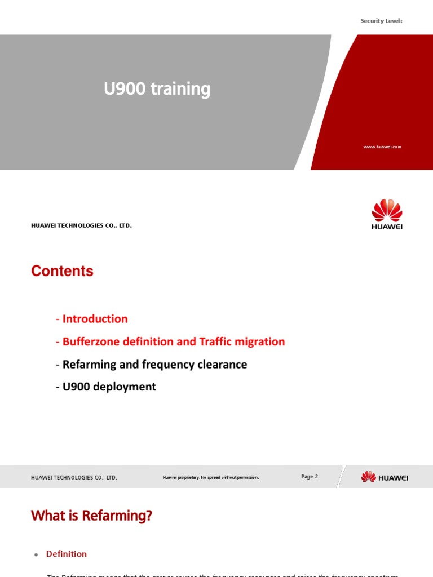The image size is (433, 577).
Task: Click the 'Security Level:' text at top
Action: tap(381, 21)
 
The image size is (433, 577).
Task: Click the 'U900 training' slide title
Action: tap(157, 89)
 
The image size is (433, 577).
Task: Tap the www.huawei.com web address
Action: tap(382, 147)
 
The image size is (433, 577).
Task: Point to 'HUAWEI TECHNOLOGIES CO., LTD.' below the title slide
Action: tap(81, 225)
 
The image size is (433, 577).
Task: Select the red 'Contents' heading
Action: tap(62, 271)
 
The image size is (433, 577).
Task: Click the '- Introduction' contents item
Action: tap(92, 319)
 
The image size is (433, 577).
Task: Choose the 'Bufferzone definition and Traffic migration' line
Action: tap(170, 341)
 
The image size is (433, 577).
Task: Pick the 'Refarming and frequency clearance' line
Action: tap(152, 365)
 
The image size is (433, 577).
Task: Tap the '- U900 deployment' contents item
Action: tap(106, 387)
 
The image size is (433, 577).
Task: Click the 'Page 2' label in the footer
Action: tap(310, 477)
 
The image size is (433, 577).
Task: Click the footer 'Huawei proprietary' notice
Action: tap(211, 478)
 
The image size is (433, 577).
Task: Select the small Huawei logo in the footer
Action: tap(385, 477)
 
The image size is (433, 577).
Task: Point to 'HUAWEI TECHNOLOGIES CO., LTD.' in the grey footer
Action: tap(74, 478)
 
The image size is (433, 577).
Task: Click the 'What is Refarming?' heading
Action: tap(91, 516)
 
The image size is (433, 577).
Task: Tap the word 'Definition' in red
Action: tap(67, 554)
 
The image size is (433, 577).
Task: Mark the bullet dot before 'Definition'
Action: tap(36, 555)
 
